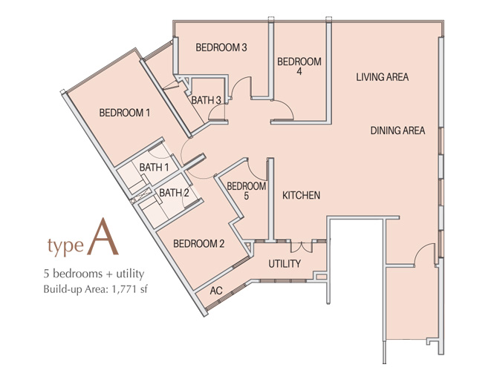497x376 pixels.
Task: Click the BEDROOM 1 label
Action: coord(125,113)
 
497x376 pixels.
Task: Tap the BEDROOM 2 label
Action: coord(199,243)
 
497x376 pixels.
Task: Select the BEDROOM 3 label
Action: coord(221,47)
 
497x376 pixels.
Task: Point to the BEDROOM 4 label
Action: coord(299,66)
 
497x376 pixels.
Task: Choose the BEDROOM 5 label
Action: coord(247,191)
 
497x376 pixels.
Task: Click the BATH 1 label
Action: coord(154,167)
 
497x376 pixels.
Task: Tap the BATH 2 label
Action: coord(174,192)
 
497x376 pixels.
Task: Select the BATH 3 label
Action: coord(207,100)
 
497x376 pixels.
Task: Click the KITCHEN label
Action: coord(301,195)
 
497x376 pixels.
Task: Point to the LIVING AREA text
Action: coord(383,77)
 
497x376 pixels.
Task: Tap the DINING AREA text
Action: coord(397,131)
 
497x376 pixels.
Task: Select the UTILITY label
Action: coord(285,263)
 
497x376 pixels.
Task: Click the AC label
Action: coord(216,290)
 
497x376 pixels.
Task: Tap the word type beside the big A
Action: coord(65,245)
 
